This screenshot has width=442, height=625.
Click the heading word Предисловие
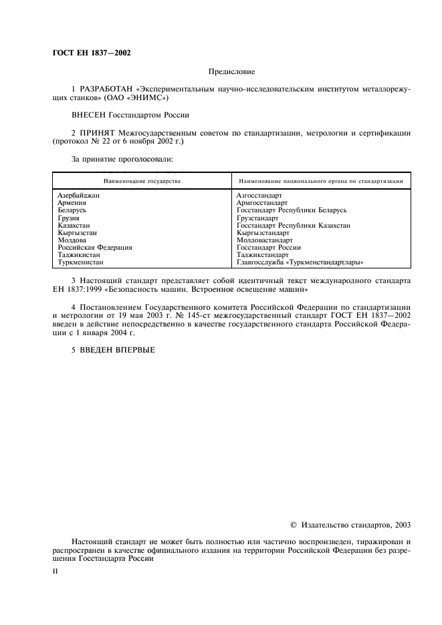pyautogui.click(x=232, y=71)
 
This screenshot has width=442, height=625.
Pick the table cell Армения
pyautogui.click(x=71, y=202)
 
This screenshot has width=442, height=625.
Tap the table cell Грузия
pyautogui.click(x=68, y=218)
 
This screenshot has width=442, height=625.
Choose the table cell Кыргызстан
pyautogui.click(x=77, y=232)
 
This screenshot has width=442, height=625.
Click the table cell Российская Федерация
pyautogui.click(x=94, y=247)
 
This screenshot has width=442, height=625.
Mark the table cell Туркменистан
pyautogui.click(x=80, y=262)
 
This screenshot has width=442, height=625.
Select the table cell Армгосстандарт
pyautogui.click(x=261, y=202)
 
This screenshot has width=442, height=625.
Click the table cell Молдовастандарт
pyautogui.click(x=265, y=240)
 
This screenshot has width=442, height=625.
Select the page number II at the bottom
pyautogui.click(x=56, y=572)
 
